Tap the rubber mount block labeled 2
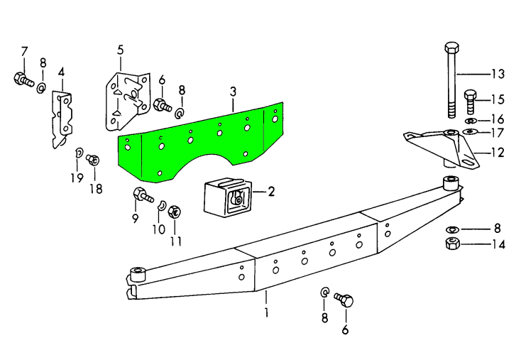pyautogui.click(x=226, y=196)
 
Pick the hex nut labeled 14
pyautogui.click(x=451, y=246)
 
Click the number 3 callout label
pyautogui.click(x=232, y=92)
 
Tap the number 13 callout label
pyautogui.click(x=497, y=73)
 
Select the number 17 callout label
pyautogui.click(x=497, y=133)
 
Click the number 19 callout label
pyautogui.click(x=76, y=178)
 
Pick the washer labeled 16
pyautogui.click(x=472, y=119)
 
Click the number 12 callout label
pyautogui.click(x=497, y=151)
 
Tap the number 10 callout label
pyautogui.click(x=158, y=229)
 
